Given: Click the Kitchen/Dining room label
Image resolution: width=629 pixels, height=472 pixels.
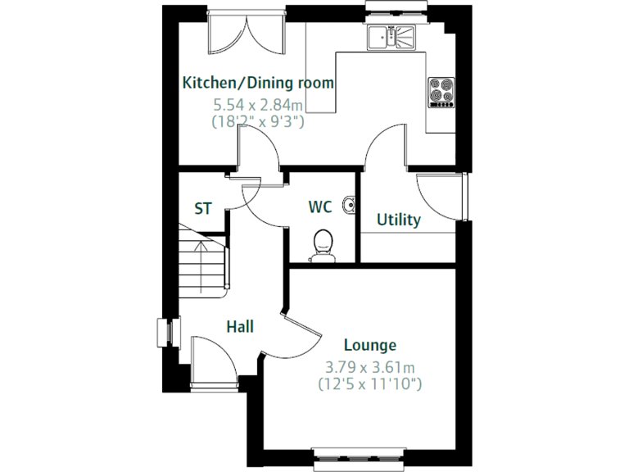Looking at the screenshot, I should [258, 83].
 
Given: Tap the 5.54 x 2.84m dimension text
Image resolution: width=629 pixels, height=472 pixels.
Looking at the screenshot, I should [258, 105].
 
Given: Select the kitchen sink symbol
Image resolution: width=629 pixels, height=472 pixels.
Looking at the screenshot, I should [391, 37].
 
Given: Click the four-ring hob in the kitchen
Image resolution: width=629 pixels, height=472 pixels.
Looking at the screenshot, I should [441, 92].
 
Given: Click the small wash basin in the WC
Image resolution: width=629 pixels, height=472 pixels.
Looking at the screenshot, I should [351, 204].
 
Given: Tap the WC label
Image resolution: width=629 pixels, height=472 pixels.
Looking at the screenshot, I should [320, 207].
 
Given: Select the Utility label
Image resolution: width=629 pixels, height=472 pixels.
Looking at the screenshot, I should [398, 220].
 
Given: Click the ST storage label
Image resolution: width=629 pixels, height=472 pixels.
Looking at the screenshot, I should [202, 209].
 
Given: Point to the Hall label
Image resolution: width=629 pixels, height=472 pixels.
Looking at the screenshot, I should [240, 327].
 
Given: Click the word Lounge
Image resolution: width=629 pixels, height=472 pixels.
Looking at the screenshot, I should [369, 346].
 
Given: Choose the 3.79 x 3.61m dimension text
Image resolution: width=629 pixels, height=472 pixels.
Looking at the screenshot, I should [369, 366].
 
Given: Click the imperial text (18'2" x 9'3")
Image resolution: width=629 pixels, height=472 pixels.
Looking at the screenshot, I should [258, 121].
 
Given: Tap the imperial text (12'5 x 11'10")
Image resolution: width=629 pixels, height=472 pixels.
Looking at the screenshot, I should [369, 383].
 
